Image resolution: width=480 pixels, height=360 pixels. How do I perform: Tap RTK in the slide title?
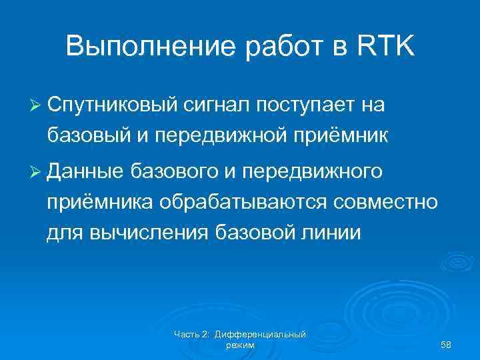point(386,47)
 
